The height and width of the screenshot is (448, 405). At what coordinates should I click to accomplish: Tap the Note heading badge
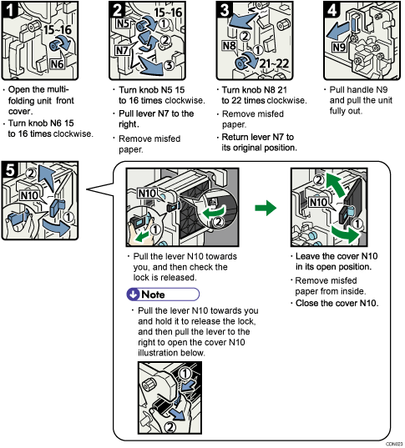pyautogui.click(x=165, y=294)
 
